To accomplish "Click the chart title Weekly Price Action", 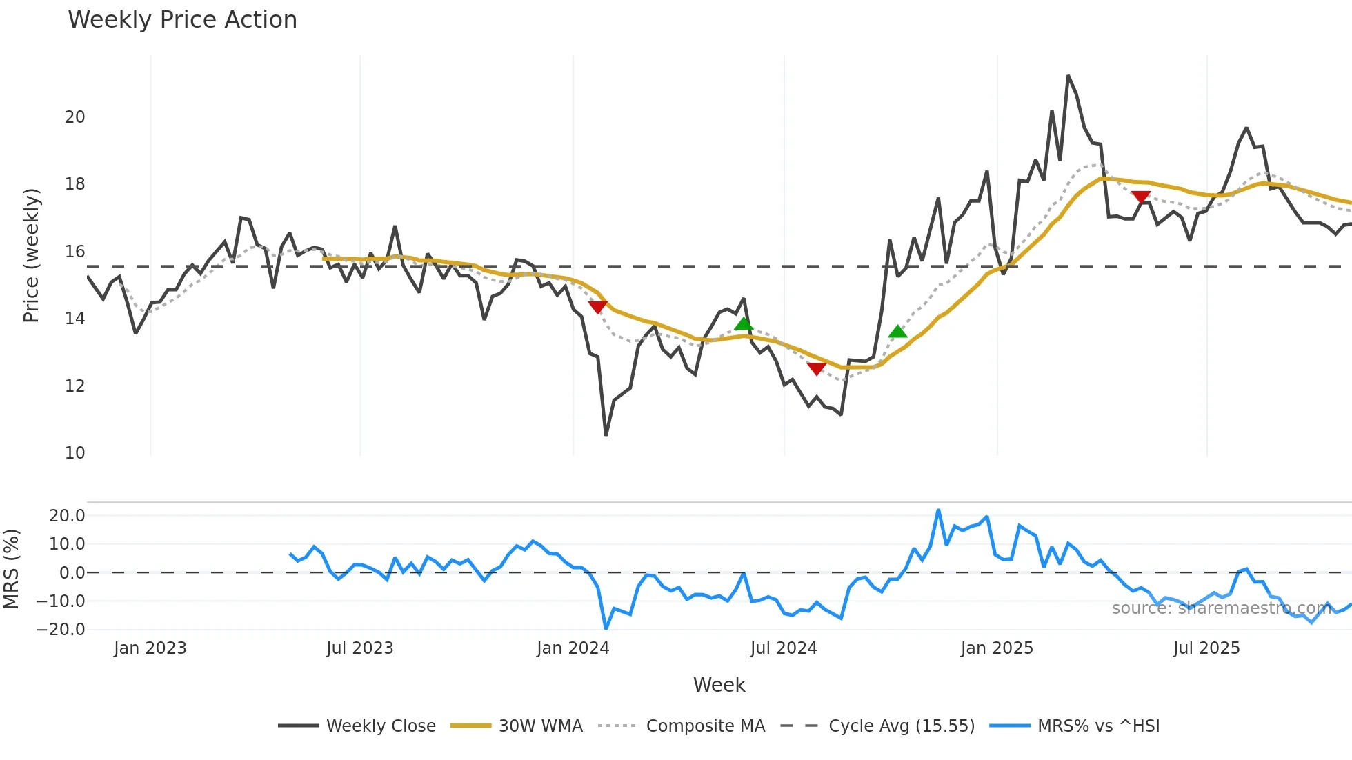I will point(182,20).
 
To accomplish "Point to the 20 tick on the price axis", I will point(75,117).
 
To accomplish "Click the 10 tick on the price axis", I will point(75,453).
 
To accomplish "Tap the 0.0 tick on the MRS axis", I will point(72,573).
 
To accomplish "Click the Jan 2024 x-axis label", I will point(573,648).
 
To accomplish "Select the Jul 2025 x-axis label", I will point(1206,648).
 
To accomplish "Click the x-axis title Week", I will point(719,685).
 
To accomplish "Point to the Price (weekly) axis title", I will point(32,255).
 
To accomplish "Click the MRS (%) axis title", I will point(11,569).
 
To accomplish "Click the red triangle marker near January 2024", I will point(597,307).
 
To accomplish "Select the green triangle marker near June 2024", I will point(744,323).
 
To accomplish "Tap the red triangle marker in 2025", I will point(1141,197).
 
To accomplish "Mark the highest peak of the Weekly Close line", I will point(1068,76).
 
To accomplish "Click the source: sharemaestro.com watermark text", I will point(1221,608).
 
